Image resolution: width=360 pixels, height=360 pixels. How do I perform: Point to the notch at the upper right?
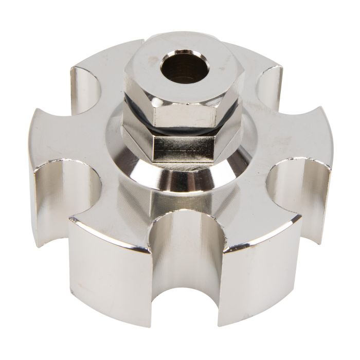point(270,82)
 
